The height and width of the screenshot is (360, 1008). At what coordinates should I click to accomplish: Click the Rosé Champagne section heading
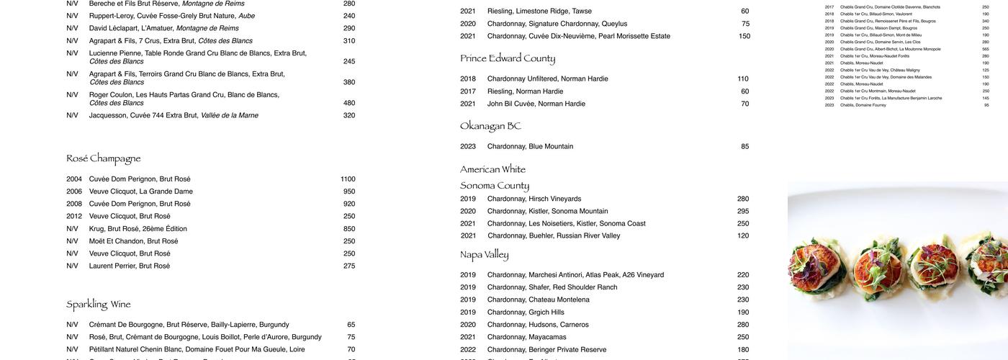coord(103,158)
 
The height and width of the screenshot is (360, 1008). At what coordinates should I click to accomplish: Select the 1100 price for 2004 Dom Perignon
coord(348,179)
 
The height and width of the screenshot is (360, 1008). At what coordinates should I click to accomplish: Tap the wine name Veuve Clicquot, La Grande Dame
coord(140,192)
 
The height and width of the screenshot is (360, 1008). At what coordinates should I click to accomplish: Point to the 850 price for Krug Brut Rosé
coord(349,229)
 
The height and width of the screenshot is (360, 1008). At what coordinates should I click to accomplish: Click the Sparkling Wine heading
coord(98,305)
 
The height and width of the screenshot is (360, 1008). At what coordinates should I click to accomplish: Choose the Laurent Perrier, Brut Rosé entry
coord(129,266)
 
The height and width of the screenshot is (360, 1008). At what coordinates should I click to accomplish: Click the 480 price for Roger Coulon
coord(349,103)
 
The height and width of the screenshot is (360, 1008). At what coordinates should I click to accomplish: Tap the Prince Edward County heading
coord(508,58)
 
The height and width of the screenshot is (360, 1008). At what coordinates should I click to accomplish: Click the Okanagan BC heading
coord(490,126)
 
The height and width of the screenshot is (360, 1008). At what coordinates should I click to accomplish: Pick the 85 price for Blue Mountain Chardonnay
coord(744,146)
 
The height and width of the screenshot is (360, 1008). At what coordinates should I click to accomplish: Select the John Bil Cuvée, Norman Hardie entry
coord(536,104)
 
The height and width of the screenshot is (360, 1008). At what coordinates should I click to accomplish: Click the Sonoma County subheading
coord(495,186)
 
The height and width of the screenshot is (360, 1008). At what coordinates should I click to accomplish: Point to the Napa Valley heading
coord(484,255)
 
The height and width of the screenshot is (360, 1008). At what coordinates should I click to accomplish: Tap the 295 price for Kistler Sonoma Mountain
coord(743,211)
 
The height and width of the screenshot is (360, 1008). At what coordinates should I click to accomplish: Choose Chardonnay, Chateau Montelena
coord(538,300)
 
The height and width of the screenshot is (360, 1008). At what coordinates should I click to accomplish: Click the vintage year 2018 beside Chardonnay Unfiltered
coord(468,78)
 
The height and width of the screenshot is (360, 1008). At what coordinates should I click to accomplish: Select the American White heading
coord(492,169)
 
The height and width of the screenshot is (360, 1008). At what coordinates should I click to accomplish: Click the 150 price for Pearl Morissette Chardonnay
coord(744,36)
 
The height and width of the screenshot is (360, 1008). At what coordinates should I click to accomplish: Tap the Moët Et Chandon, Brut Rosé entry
coord(133,241)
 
